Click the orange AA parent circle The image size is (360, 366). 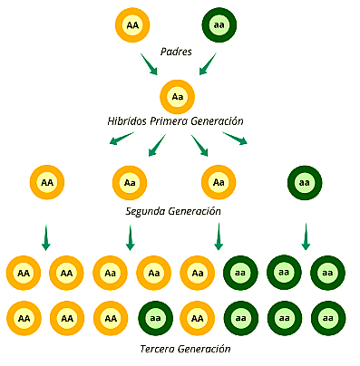click(133, 24)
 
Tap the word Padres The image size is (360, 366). click(177, 51)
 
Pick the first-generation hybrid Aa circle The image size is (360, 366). click(178, 97)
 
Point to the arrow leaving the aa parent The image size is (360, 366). click(208, 64)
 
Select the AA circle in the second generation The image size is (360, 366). click(46, 182)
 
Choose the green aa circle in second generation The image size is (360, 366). click(304, 182)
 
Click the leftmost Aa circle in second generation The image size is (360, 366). click(130, 182)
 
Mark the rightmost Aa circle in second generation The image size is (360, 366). click(219, 182)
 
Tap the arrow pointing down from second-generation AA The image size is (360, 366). click(45, 237)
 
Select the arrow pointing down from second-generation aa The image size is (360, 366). click(305, 236)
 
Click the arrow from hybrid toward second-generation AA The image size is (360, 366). click(121, 139)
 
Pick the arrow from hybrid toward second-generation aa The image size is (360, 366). click(235, 138)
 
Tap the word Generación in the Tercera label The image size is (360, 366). click(209, 349)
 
